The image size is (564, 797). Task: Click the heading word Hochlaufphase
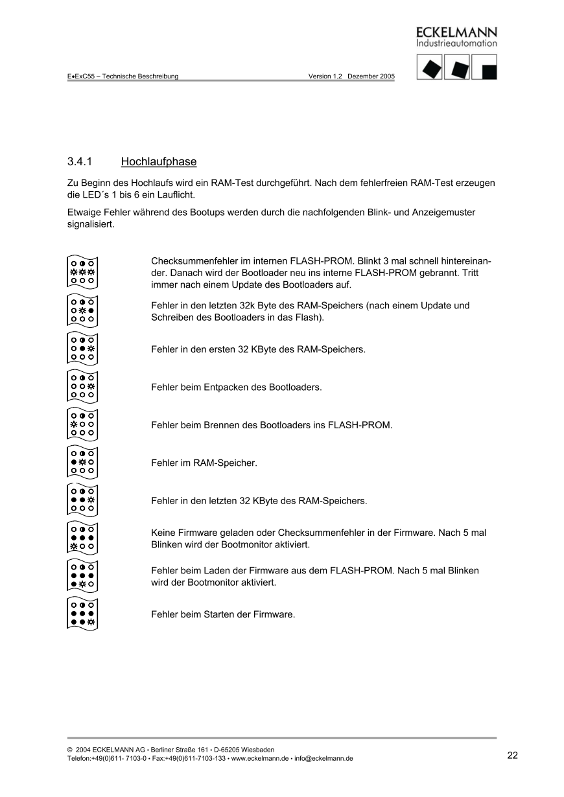coord(158,161)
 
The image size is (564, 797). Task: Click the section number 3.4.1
coord(82,161)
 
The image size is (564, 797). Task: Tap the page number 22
coord(513,755)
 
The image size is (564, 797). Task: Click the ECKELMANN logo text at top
coord(456,32)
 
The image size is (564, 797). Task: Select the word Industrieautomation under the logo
coord(456,43)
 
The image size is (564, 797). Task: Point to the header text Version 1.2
coord(325,76)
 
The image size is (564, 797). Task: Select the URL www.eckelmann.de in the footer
coord(259,758)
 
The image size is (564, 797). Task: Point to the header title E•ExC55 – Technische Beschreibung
coord(123,76)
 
